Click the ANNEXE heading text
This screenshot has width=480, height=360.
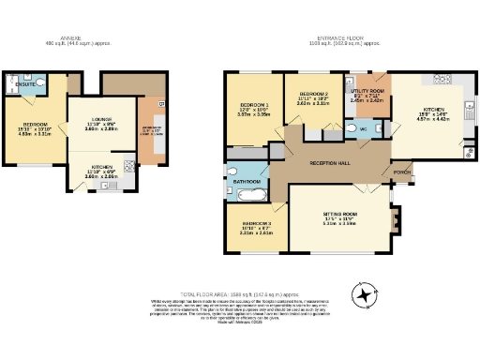pyautogui.click(x=58, y=38)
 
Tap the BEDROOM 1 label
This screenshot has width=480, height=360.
pyautogui.click(x=254, y=104)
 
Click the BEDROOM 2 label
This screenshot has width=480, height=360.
pyautogui.click(x=313, y=95)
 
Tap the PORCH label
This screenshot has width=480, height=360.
pyautogui.click(x=402, y=172)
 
